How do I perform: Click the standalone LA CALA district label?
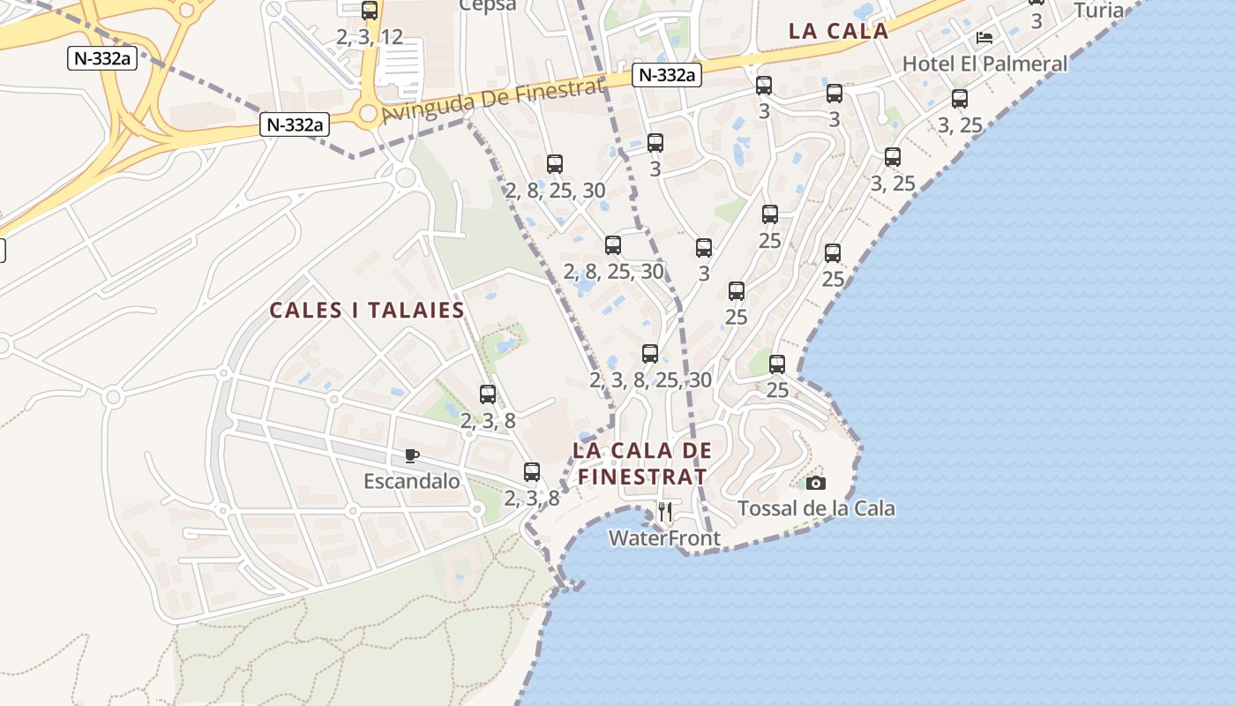838,31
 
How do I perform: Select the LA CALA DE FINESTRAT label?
641,463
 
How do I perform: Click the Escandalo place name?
412,481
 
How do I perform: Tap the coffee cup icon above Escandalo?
411,455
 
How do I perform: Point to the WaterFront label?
664,538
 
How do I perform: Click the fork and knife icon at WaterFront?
665,512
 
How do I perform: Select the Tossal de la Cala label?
816,508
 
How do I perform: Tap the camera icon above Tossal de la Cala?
816,483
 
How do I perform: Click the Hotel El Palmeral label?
984,64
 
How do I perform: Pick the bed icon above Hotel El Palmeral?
984,38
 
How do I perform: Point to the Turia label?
1099,11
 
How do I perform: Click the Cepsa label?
488,5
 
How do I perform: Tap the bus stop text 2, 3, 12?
370,37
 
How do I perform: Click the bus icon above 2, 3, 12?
370,11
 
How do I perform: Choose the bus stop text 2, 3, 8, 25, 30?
650,379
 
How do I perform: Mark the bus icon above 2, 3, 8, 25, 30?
650,354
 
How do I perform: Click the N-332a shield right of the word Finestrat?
666,75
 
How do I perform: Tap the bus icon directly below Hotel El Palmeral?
960,99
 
